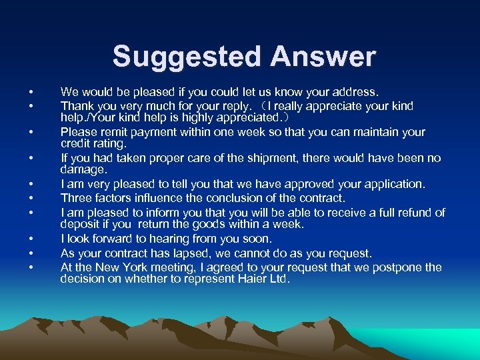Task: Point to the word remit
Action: [x=115, y=131]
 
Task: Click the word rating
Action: [x=111, y=143]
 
